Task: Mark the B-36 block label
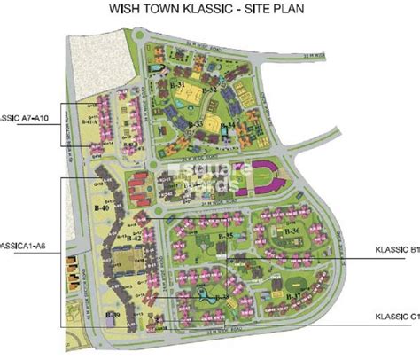coord(296,231)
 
